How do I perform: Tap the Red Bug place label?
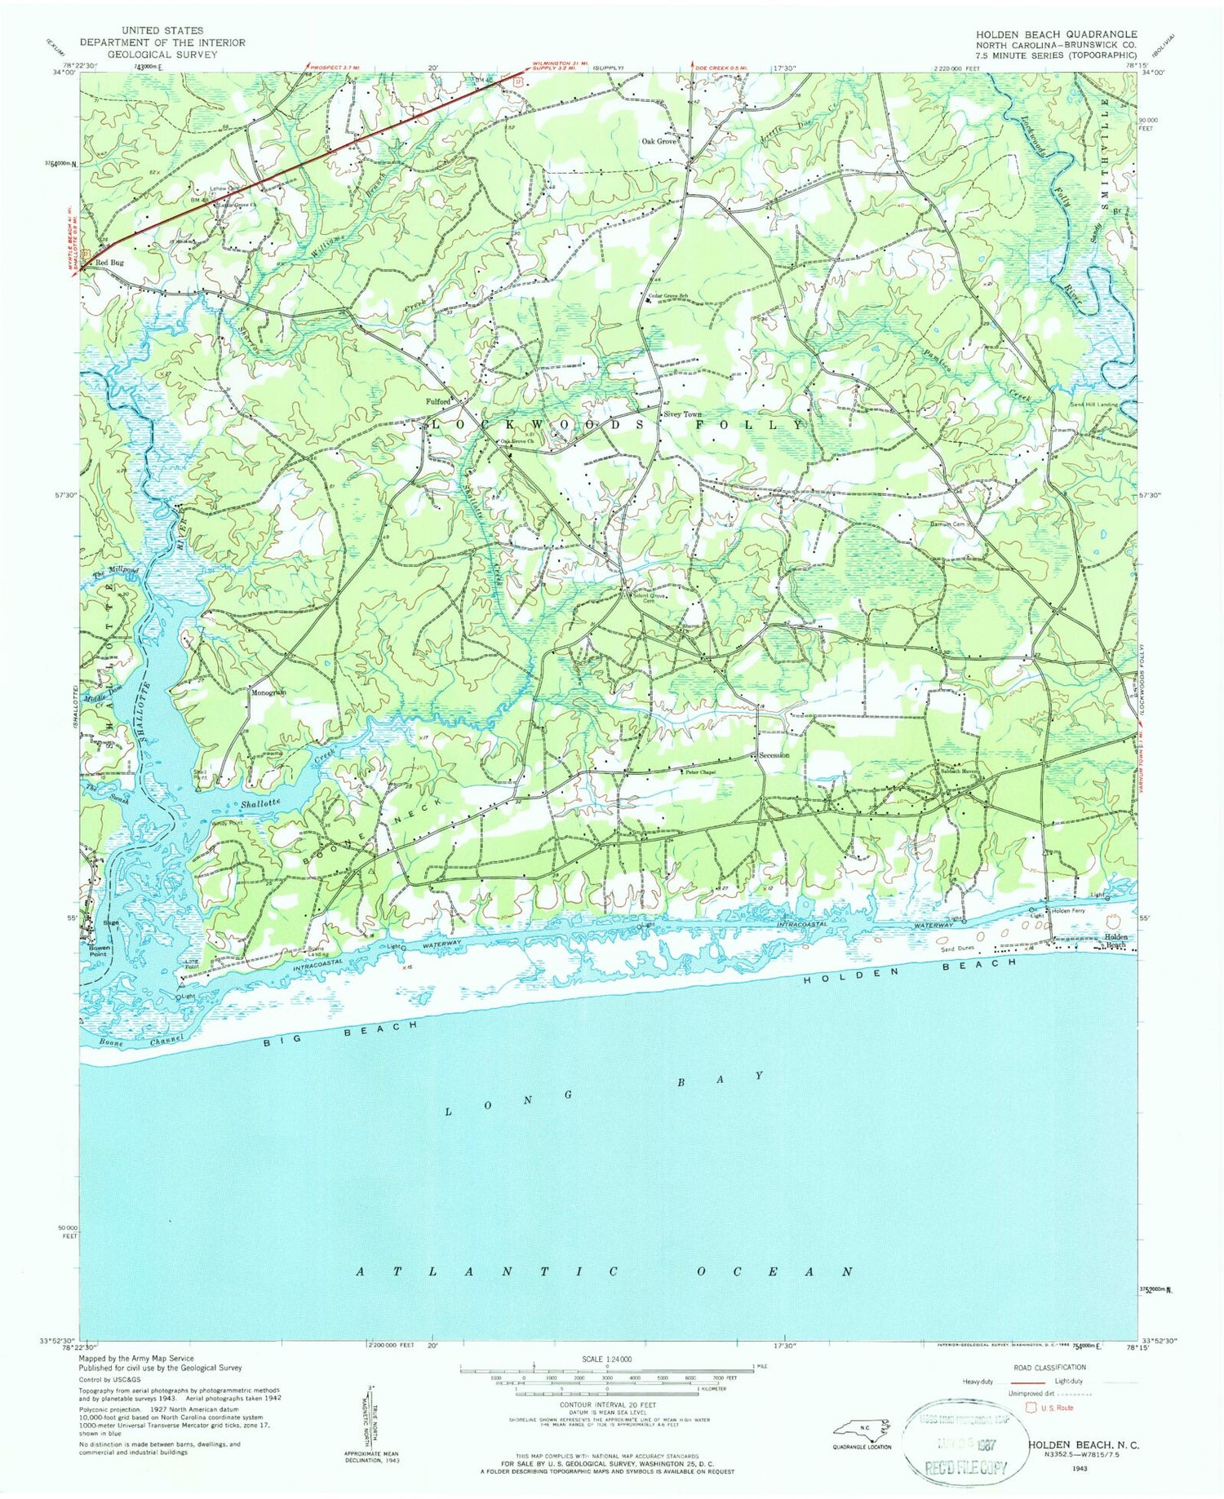[x=109, y=263]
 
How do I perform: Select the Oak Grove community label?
[x=659, y=141]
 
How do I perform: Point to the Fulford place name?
[x=438, y=401]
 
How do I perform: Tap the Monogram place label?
[x=268, y=692]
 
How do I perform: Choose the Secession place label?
[x=774, y=756]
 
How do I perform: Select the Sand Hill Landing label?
[x=1093, y=405]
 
